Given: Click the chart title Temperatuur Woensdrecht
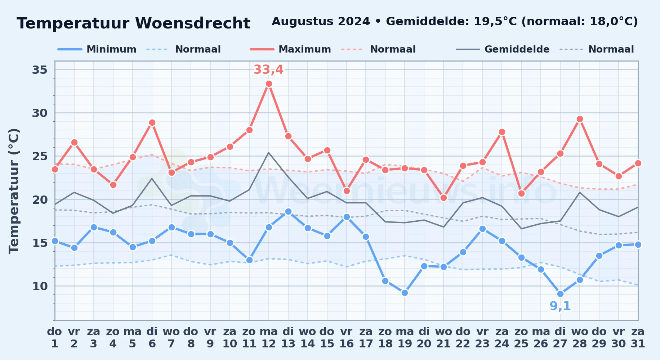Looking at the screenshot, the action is tap(133, 23).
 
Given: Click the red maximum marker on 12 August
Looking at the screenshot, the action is tap(269, 84).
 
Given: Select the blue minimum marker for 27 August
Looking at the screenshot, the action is tap(560, 294).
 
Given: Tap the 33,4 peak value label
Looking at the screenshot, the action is tap(268, 69).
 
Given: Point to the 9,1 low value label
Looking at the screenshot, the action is tap(560, 306).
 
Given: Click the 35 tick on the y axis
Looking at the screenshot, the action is tap(40, 69).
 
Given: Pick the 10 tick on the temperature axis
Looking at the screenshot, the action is tap(40, 286).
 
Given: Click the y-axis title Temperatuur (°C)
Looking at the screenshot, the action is tap(14, 191).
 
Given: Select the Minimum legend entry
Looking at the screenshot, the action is tap(97, 49).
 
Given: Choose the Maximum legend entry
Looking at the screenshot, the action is tap(290, 49).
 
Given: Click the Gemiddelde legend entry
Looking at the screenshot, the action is tap(503, 49).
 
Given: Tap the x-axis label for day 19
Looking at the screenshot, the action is tap(405, 338).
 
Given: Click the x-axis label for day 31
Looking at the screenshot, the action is tap(638, 338).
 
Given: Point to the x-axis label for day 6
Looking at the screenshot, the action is tap(152, 338).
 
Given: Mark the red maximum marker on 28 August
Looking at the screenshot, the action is tap(580, 119).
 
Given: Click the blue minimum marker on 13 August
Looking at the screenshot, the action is tap(288, 212).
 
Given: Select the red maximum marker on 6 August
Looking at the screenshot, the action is tap(152, 123).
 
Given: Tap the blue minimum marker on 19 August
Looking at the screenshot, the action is tap(405, 293).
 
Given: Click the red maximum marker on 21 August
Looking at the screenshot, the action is tap(443, 198).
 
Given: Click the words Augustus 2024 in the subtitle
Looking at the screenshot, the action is tap(321, 22).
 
